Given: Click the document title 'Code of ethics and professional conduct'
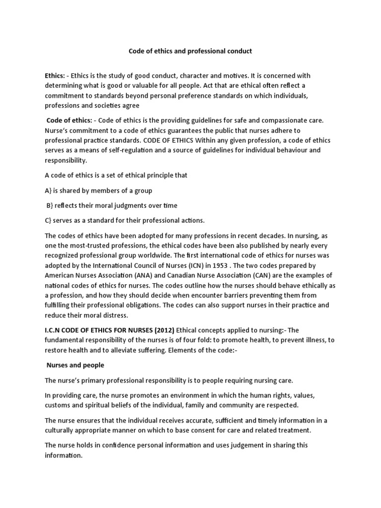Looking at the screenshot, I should click(190, 51).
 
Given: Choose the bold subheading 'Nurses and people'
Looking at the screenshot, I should click(76, 365).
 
